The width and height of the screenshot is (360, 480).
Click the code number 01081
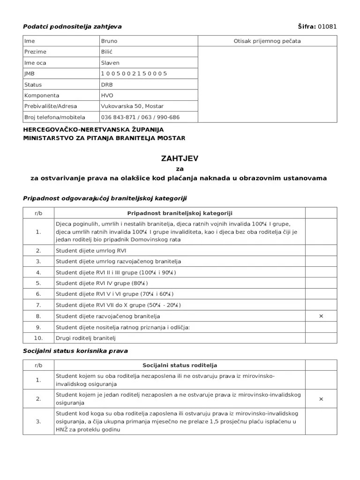click(x=327, y=26)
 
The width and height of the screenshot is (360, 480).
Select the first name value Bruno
click(x=109, y=41)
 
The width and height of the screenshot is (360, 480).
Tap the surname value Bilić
click(x=107, y=52)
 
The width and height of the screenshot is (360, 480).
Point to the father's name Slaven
click(x=110, y=63)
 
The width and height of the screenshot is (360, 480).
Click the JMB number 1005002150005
click(x=134, y=74)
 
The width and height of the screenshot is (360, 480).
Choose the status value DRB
click(x=107, y=85)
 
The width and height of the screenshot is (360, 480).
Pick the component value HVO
click(x=107, y=95)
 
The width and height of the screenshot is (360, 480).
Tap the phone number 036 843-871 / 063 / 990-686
click(x=140, y=117)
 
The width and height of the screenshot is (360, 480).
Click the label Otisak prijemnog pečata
click(x=267, y=41)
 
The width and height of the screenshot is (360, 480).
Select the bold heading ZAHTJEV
click(x=180, y=158)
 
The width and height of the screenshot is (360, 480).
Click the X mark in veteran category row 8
click(x=321, y=316)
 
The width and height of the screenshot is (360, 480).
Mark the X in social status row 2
click(x=321, y=399)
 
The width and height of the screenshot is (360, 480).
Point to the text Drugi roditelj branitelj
click(x=86, y=338)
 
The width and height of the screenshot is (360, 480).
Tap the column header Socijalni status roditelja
click(x=180, y=365)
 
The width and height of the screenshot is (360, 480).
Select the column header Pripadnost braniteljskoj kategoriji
click(x=180, y=213)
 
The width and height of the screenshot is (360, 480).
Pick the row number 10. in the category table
click(x=38, y=338)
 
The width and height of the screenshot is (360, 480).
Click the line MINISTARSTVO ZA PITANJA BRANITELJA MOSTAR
click(x=104, y=138)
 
